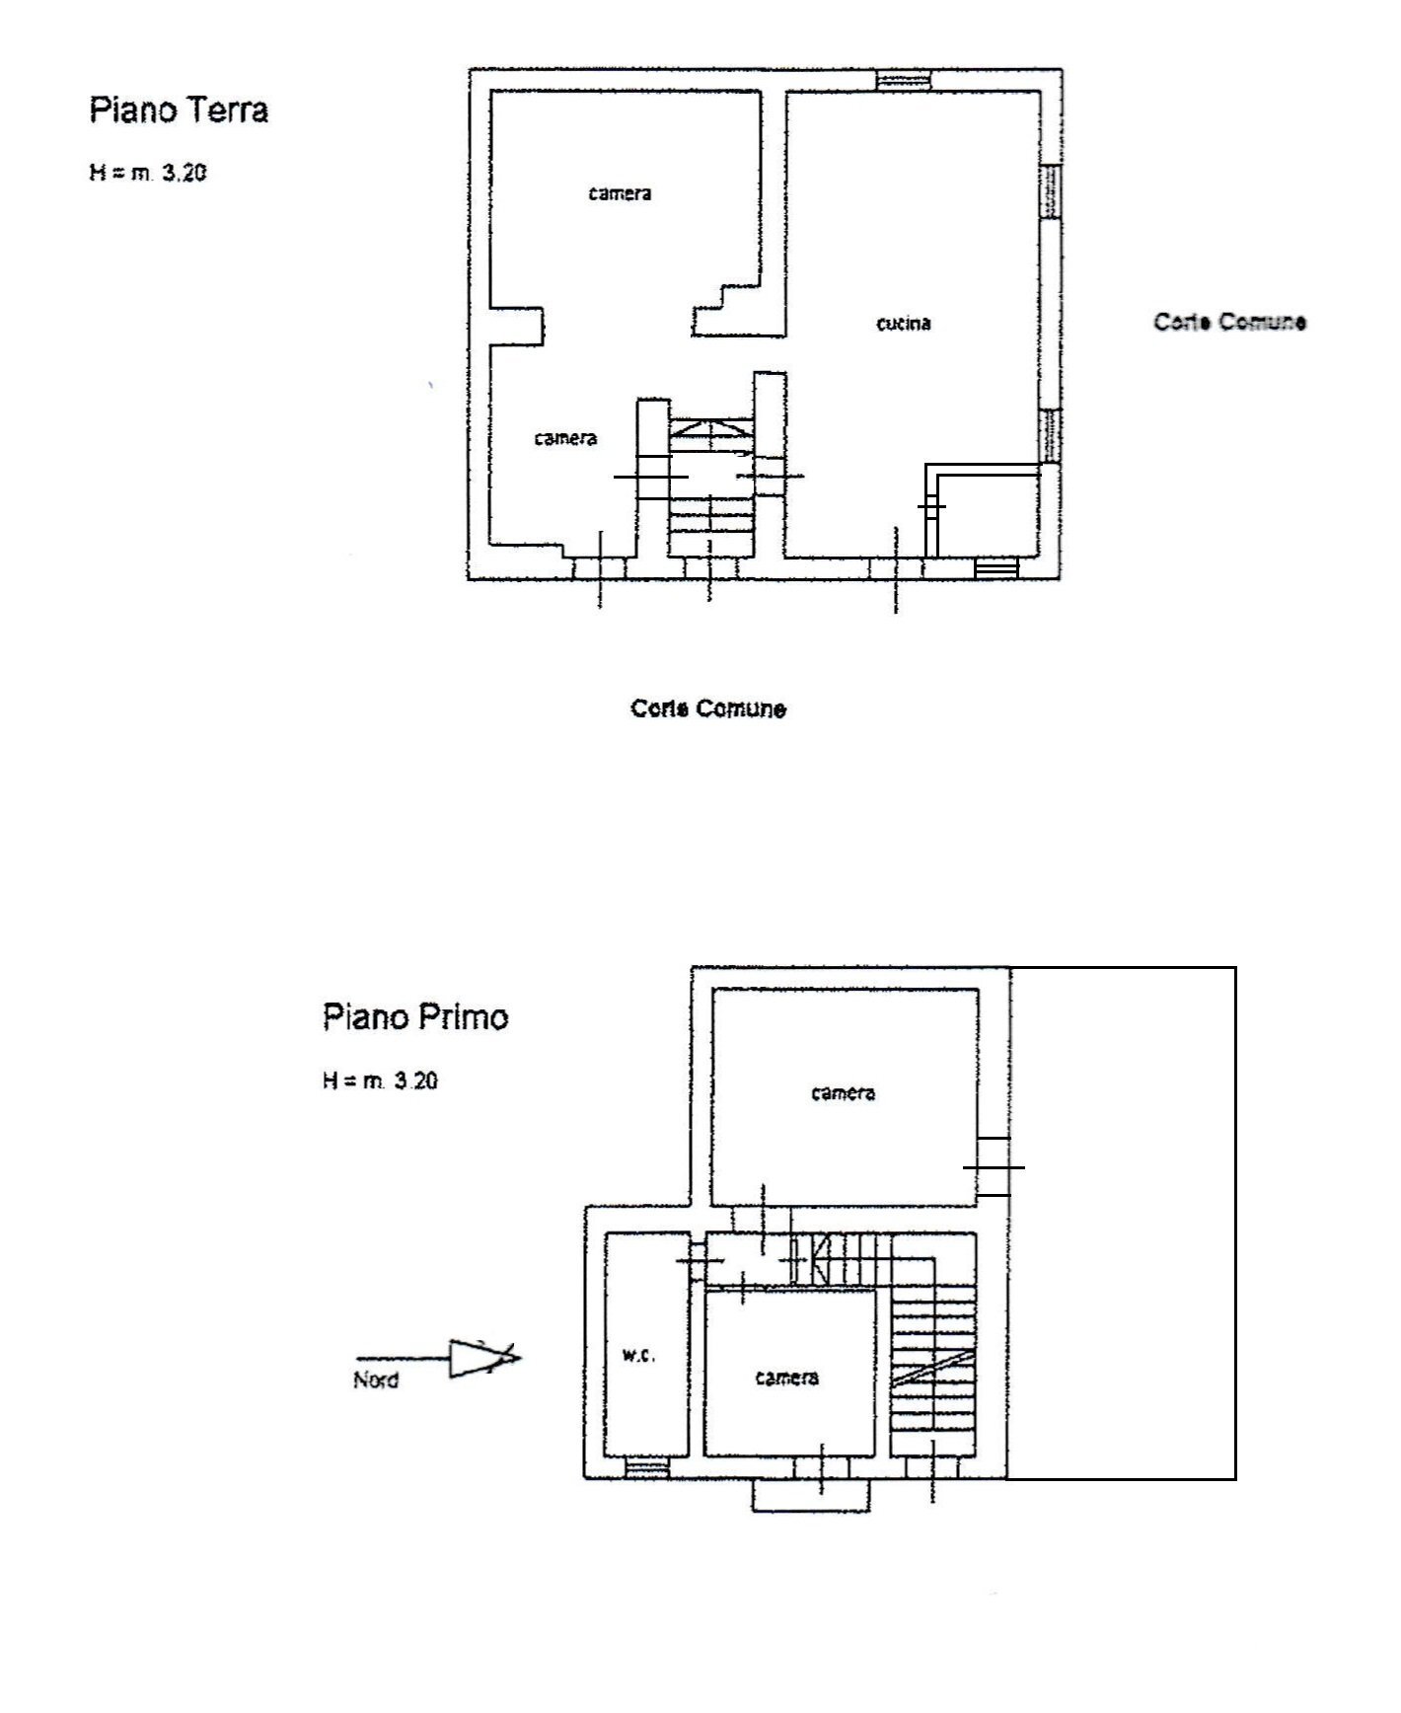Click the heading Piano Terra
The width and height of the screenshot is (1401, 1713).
179,110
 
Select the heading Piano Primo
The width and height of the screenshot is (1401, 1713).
415,1017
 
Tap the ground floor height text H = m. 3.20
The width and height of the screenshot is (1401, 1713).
148,173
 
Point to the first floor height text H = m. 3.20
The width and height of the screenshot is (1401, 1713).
380,1080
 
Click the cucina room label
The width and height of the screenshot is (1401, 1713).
904,323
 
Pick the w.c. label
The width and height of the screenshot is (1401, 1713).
638,1355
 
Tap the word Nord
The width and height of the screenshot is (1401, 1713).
376,1379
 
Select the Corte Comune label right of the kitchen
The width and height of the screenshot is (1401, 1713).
1229,322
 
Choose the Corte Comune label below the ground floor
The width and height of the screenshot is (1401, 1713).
708,708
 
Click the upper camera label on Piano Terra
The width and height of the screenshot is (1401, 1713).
620,193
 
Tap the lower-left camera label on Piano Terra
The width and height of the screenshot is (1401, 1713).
565,438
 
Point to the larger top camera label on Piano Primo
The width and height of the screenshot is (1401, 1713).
843,1092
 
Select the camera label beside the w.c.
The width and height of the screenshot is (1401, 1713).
786,1377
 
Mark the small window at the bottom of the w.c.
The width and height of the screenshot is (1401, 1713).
647,1467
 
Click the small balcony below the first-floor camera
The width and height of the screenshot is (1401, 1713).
811,1494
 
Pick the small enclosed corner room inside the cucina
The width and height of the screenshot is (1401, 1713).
987,513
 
